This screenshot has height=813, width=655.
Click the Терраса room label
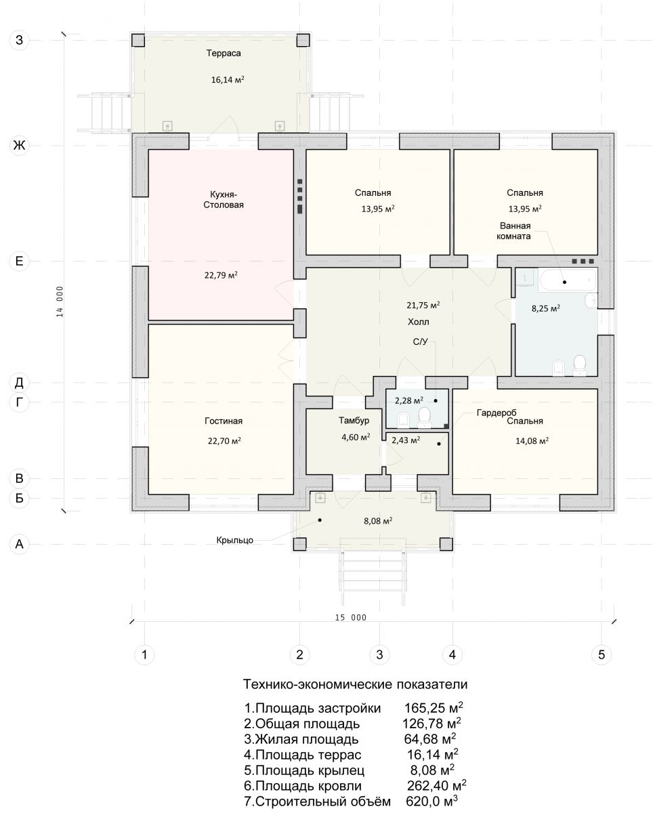pyautogui.click(x=224, y=54)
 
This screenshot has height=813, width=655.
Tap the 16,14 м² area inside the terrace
pyautogui.click(x=228, y=80)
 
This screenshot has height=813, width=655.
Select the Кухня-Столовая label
pyautogui.click(x=224, y=199)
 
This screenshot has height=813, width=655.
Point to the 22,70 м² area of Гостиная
pyautogui.click(x=224, y=440)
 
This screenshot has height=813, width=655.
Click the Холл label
pyautogui.click(x=418, y=322)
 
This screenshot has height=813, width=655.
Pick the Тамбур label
pyautogui.click(x=354, y=421)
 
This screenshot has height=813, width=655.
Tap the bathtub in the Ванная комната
pyautogui.click(x=568, y=280)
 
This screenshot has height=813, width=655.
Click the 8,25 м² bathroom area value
pyautogui.click(x=546, y=308)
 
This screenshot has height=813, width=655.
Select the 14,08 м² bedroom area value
pyautogui.click(x=532, y=440)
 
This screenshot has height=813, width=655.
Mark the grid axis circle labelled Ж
pyautogui.click(x=19, y=145)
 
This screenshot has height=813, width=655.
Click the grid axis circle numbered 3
pyautogui.click(x=379, y=654)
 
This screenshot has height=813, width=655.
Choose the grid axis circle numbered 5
pyautogui.click(x=601, y=654)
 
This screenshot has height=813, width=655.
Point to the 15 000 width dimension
pyautogui.click(x=351, y=617)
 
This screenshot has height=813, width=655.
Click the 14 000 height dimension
pyautogui.click(x=60, y=301)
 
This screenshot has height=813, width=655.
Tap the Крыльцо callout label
pyautogui.click(x=234, y=540)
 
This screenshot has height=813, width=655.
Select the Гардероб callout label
pyautogui.click(x=496, y=413)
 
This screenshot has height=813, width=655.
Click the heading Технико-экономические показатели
pyautogui.click(x=355, y=684)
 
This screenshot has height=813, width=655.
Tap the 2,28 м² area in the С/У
pyautogui.click(x=409, y=400)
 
